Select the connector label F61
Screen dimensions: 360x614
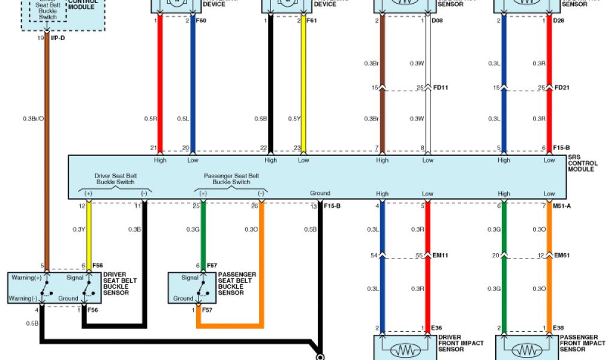pos(311,21)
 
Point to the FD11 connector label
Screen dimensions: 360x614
pos(441,88)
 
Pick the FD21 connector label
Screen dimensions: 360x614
pos(562,88)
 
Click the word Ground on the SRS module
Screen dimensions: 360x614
pos(320,193)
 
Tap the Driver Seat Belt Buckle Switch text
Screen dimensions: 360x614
pos(115,179)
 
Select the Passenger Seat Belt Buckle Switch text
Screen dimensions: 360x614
pos(231,179)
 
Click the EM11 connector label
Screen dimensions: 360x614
pos(441,256)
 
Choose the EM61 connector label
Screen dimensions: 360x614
pos(562,256)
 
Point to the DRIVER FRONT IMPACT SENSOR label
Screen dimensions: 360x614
pos(460,343)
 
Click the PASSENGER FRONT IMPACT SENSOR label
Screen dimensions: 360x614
pos(582,343)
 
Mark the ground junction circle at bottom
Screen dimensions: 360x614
pos(320,357)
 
